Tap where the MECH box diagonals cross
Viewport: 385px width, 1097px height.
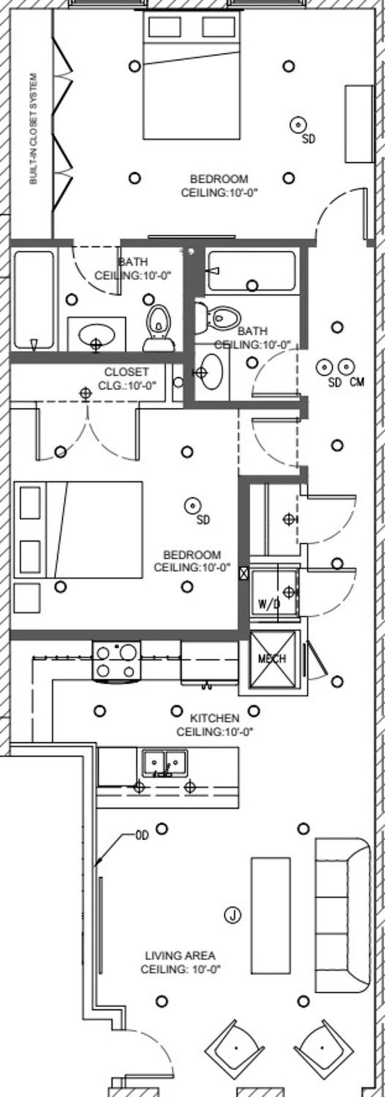272,660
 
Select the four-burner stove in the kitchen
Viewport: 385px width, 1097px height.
117,660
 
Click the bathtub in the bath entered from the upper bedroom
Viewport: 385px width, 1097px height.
34,300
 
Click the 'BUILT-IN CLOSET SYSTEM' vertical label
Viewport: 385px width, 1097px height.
34,129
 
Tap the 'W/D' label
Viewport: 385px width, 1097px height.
269,604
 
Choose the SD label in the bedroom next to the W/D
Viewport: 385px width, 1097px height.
203,520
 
